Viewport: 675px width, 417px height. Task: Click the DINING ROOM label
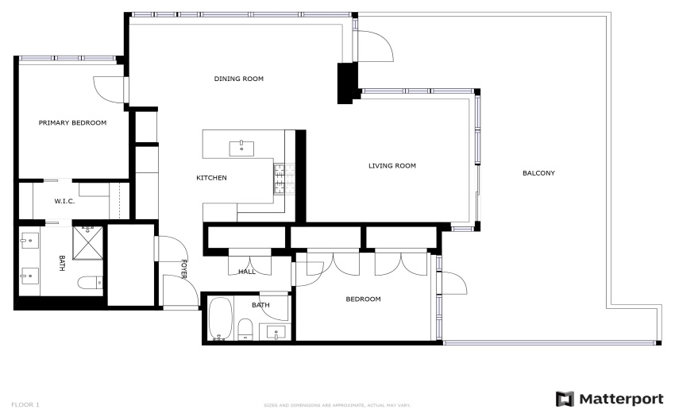click(238, 79)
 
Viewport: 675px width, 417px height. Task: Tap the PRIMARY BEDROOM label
click(72, 123)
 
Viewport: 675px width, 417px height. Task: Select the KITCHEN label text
click(211, 178)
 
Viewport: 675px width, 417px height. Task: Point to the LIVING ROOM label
click(392, 166)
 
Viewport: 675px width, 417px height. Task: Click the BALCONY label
click(538, 173)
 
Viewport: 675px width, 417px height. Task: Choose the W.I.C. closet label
click(64, 201)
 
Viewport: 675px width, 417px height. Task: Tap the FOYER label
click(183, 268)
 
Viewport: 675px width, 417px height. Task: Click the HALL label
click(247, 272)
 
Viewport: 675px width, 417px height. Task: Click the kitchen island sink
click(241, 149)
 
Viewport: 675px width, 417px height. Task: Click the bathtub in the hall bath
click(221, 319)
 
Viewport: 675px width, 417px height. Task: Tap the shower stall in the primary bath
click(88, 243)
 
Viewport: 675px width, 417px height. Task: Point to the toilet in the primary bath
click(90, 283)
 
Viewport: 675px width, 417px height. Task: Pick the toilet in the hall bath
click(245, 329)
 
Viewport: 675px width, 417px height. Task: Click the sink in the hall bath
click(276, 332)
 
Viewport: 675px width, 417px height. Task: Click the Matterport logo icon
click(565, 399)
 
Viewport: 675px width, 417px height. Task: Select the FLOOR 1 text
click(25, 405)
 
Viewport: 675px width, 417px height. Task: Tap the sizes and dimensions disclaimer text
click(337, 405)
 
